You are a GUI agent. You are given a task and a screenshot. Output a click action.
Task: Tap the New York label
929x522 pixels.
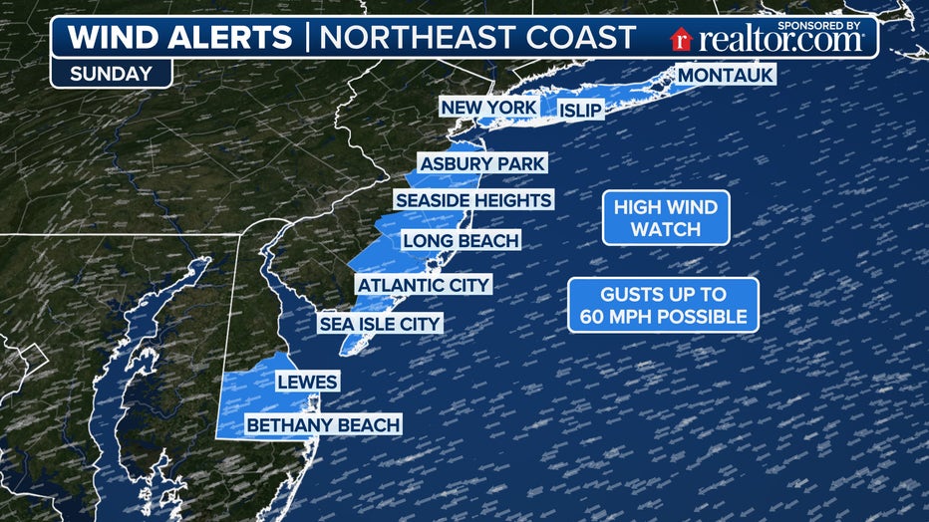[489, 108]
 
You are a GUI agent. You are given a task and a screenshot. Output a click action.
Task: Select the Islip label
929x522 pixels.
[581, 110]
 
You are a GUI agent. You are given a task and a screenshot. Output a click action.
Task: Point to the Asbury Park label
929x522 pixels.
[482, 163]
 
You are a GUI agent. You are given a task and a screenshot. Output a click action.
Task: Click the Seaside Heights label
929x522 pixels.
[472, 200]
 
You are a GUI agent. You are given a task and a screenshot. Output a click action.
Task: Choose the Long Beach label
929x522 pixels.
[461, 240]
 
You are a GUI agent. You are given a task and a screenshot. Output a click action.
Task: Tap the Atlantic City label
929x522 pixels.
[424, 285]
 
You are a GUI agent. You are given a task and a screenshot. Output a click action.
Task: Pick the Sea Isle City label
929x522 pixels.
[379, 324]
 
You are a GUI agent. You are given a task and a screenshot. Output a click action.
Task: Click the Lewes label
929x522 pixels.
[307, 382]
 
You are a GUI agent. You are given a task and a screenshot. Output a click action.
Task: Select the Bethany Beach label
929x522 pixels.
[324, 425]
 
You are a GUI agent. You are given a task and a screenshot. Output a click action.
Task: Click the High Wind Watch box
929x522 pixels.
[665, 218]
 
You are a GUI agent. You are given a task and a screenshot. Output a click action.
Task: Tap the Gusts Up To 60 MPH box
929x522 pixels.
[663, 306]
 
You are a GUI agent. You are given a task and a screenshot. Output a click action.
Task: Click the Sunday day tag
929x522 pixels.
[111, 73]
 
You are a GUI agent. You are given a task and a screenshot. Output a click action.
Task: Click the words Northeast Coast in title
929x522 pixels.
[476, 38]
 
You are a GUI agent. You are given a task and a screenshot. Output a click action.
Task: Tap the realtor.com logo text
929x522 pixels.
[780, 40]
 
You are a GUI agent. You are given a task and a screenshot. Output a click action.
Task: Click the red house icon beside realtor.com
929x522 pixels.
[682, 40]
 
